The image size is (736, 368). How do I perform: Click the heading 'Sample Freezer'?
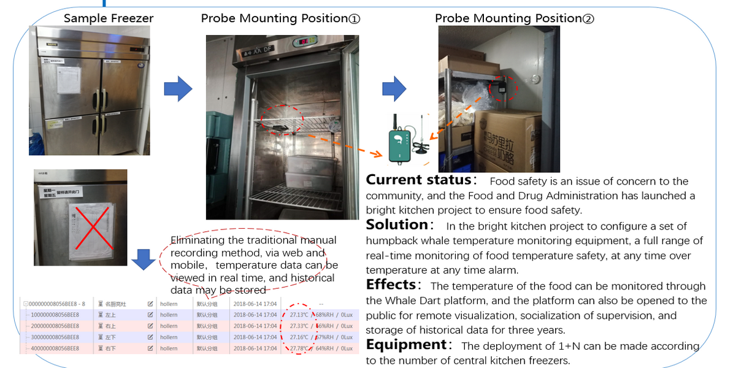coord(109,18)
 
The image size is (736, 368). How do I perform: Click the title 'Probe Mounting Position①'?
coord(280,18)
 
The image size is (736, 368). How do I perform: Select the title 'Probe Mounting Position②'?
coord(514,18)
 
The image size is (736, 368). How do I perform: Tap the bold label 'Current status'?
coord(418,180)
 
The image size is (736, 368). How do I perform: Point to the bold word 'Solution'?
coord(397,225)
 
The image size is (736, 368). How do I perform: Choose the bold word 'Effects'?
coord(391,285)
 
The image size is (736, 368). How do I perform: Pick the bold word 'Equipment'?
coord(406,345)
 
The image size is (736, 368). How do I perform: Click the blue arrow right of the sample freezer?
coord(178,90)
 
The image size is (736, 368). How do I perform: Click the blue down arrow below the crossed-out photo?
coord(144,259)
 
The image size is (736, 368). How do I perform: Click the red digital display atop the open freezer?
coord(302,42)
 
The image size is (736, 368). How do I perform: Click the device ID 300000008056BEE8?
coord(53,337)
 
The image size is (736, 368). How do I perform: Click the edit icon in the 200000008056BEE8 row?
coord(150,326)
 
